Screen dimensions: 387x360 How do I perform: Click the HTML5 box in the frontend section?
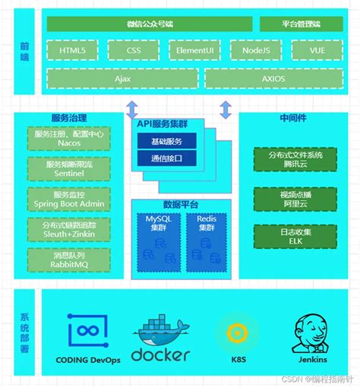72,52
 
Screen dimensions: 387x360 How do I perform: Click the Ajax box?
122,78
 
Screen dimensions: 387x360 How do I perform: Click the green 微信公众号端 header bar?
149,24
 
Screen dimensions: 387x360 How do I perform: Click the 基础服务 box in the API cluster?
166,140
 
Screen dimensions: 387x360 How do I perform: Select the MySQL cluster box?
158,241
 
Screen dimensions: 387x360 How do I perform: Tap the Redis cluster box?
207,241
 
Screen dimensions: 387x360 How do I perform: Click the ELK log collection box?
285,236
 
